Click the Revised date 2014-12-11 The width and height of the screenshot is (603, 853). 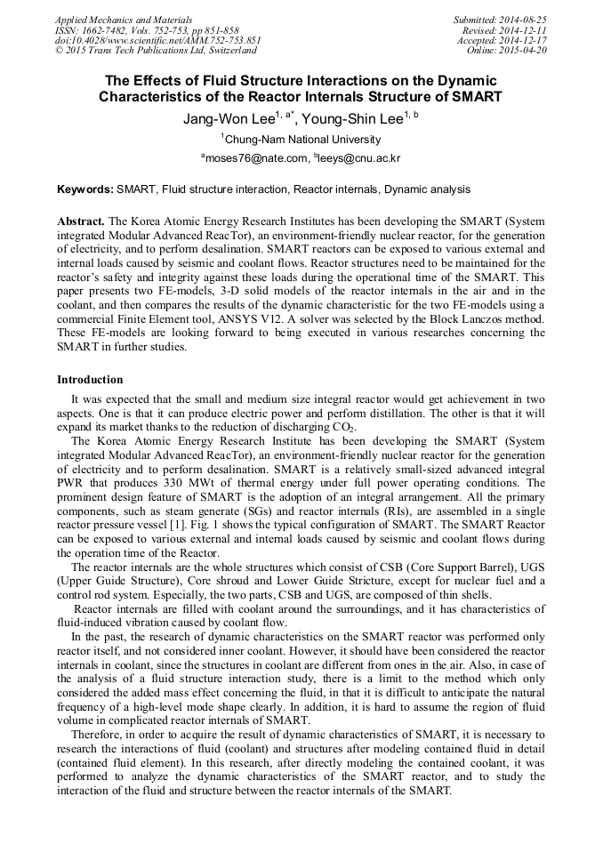coord(525,29)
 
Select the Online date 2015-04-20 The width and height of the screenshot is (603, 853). coord(525,51)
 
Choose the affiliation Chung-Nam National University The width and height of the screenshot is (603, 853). coord(303,140)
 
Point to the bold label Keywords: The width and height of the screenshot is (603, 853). coord(84,189)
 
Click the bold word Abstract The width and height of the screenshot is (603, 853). coord(80,220)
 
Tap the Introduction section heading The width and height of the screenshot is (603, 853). coord(90,380)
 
